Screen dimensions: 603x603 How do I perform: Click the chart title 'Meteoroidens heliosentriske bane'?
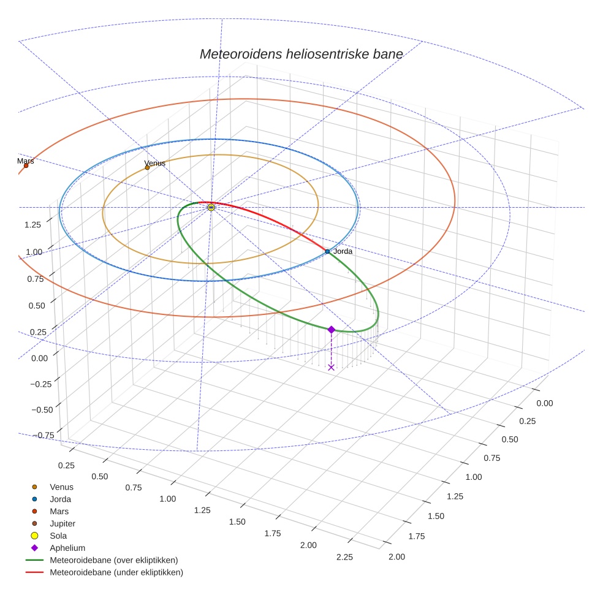coord(301,54)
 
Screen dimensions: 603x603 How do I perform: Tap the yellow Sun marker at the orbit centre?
coord(211,208)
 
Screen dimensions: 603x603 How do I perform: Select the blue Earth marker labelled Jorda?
coord(327,252)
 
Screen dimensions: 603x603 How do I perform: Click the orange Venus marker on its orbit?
coord(147,167)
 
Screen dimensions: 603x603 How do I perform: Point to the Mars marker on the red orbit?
coord(26,165)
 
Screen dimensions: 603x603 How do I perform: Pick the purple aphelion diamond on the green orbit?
coord(332,330)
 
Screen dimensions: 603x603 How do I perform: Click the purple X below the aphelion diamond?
coord(332,367)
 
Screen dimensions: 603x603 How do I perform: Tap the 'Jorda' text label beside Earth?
coord(343,251)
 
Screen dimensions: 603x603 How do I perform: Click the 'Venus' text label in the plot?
coord(154,164)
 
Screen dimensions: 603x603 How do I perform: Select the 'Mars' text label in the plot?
coord(25,161)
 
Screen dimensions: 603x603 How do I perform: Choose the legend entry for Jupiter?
coord(62,523)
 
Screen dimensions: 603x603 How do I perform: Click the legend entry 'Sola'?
coord(58,536)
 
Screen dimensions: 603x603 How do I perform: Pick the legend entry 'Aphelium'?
coord(67,548)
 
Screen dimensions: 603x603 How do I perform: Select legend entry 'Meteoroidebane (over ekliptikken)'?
coord(113,560)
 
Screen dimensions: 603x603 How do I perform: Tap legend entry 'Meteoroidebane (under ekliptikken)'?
coord(116,572)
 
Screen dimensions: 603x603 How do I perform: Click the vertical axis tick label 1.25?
coord(33,224)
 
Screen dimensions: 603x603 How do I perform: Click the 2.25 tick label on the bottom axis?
coord(344,557)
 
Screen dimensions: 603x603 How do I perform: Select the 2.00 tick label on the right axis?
coord(396,556)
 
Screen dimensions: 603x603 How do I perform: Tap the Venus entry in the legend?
coord(61,487)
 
